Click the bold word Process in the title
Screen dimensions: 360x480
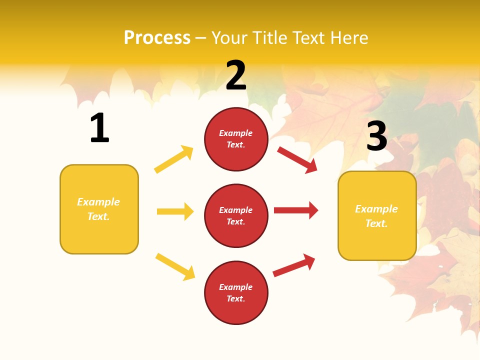(157, 37)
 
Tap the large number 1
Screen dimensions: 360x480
(99, 128)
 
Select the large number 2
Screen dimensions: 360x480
(236, 75)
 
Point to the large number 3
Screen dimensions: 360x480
(376, 135)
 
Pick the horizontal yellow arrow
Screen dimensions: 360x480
(175, 211)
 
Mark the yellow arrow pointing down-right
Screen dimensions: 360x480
(175, 266)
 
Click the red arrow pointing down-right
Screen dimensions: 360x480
(297, 160)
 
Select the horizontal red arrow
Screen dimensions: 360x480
(296, 210)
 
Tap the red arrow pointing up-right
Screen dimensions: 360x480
(294, 265)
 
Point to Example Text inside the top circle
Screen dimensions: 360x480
(236, 139)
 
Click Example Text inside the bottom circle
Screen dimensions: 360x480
(236, 293)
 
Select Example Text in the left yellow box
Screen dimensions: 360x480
(99, 209)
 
